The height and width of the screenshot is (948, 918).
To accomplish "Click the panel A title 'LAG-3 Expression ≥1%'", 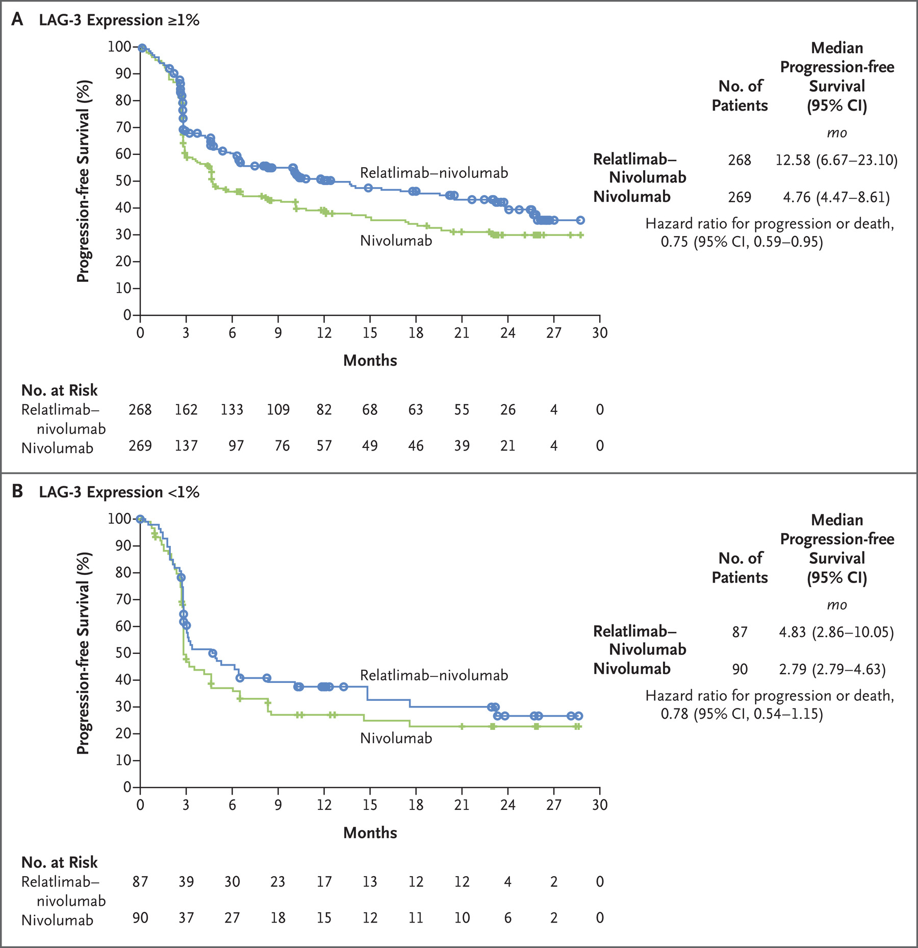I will pyautogui.click(x=119, y=20).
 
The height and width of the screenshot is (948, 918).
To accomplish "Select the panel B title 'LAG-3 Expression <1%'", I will pyautogui.click(x=119, y=492).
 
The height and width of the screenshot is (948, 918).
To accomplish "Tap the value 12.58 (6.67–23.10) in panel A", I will pyautogui.click(x=836, y=160).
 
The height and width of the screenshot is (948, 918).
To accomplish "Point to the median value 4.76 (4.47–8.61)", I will pyautogui.click(x=836, y=197).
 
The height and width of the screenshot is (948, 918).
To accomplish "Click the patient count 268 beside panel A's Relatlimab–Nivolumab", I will pyautogui.click(x=739, y=160).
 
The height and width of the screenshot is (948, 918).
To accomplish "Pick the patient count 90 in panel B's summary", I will pyautogui.click(x=739, y=669).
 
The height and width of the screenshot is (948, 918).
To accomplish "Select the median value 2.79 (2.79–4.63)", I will pyautogui.click(x=832, y=669).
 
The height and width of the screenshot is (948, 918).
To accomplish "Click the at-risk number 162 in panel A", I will pyautogui.click(x=186, y=410).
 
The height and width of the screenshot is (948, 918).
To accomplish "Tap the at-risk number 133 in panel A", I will pyautogui.click(x=232, y=410).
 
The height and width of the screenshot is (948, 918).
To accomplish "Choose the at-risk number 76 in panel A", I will pyautogui.click(x=282, y=446).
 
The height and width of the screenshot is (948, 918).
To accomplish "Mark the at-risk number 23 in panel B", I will pyautogui.click(x=277, y=882).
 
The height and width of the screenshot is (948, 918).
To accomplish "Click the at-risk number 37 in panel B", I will pyautogui.click(x=186, y=918).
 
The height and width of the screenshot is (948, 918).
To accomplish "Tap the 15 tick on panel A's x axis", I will pyautogui.click(x=370, y=333).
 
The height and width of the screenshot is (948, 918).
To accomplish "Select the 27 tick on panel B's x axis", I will pyautogui.click(x=554, y=805).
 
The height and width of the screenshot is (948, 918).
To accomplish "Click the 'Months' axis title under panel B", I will pyautogui.click(x=370, y=833).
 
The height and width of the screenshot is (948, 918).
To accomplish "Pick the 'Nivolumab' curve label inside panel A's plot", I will pyautogui.click(x=396, y=241).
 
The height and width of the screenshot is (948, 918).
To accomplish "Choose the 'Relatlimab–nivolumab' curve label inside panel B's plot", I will pyautogui.click(x=434, y=675).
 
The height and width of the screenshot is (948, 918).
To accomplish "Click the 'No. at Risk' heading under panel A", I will pyautogui.click(x=59, y=390).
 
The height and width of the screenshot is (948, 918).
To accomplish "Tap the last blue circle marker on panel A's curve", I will pyautogui.click(x=580, y=220).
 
